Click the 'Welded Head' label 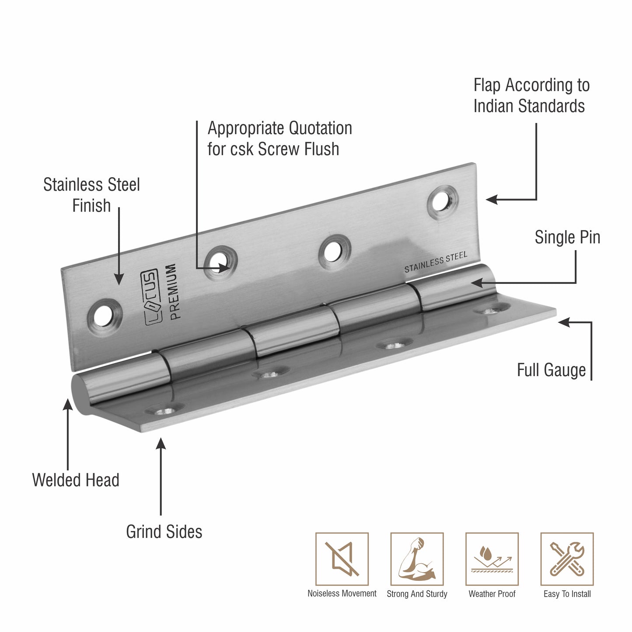click(x=76, y=480)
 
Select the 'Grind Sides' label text click(x=164, y=532)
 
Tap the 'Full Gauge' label click(x=551, y=370)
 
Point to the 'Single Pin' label click(x=567, y=237)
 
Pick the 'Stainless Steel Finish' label click(x=91, y=195)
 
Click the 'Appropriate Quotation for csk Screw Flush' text click(x=279, y=139)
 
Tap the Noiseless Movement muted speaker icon click(x=342, y=559)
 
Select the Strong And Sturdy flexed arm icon click(x=417, y=559)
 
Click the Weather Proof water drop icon click(x=492, y=559)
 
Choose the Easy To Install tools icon click(x=567, y=559)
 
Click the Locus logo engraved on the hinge click(x=151, y=298)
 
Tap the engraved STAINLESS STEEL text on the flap click(x=436, y=262)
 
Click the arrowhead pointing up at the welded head click(x=68, y=404)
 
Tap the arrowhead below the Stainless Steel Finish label click(x=119, y=279)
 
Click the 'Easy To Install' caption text click(x=567, y=594)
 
